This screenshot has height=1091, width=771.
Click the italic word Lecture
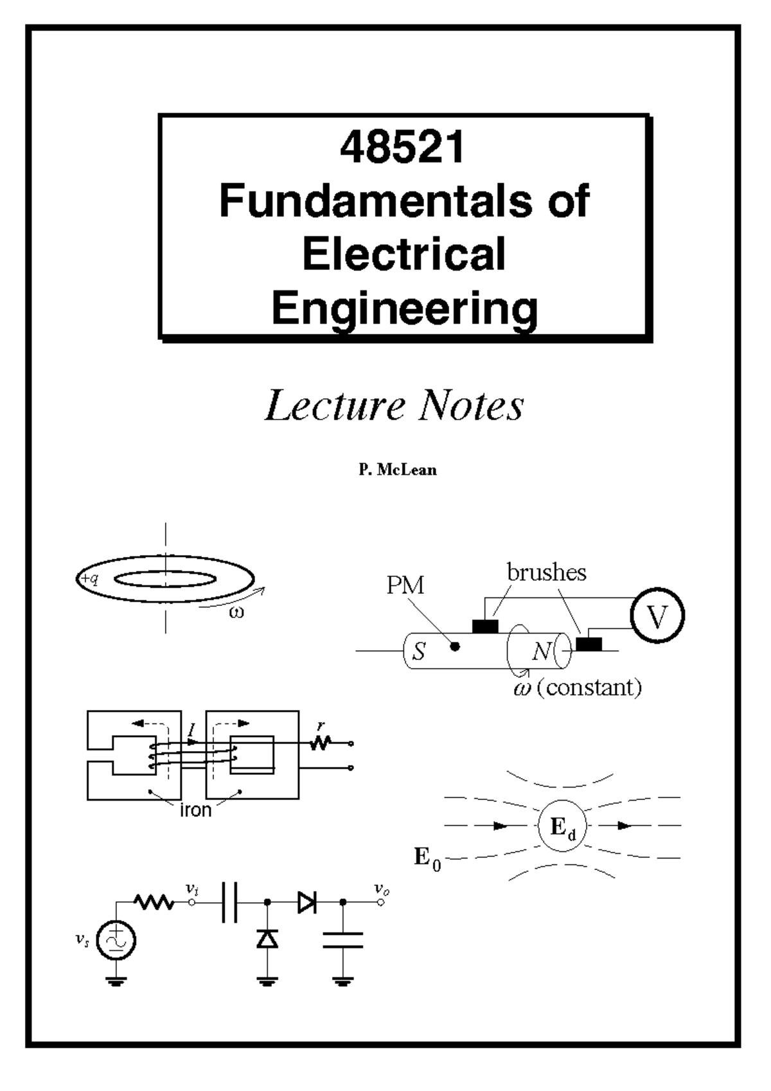(x=335, y=406)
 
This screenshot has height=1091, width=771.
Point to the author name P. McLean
(x=398, y=470)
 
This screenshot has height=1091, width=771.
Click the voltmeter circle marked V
(x=657, y=616)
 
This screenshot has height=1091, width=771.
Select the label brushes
(x=546, y=572)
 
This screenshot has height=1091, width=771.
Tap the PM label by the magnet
(x=405, y=585)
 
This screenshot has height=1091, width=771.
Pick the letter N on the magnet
(x=541, y=652)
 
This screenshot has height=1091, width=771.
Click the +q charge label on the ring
(x=89, y=579)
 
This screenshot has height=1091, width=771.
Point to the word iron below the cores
(x=195, y=810)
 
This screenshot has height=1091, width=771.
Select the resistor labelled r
(x=321, y=742)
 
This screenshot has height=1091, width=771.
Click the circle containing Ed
(x=563, y=826)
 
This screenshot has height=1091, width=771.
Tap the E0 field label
(x=427, y=858)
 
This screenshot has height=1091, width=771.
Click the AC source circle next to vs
(x=116, y=941)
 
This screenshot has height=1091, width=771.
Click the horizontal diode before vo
(x=306, y=903)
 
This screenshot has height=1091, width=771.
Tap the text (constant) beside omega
(x=589, y=688)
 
